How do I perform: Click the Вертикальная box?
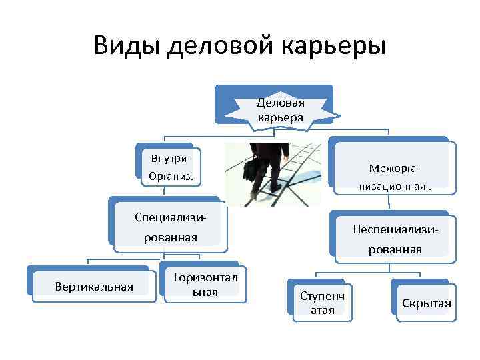pos(93,287)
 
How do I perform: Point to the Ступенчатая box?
pos(323,302)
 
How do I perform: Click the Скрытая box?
pos(425,303)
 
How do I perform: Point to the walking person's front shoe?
pos(257,194)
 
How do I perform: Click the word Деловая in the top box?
pos(281,102)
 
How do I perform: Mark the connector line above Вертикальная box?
pos(88,262)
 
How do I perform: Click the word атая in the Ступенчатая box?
pos(323,309)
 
